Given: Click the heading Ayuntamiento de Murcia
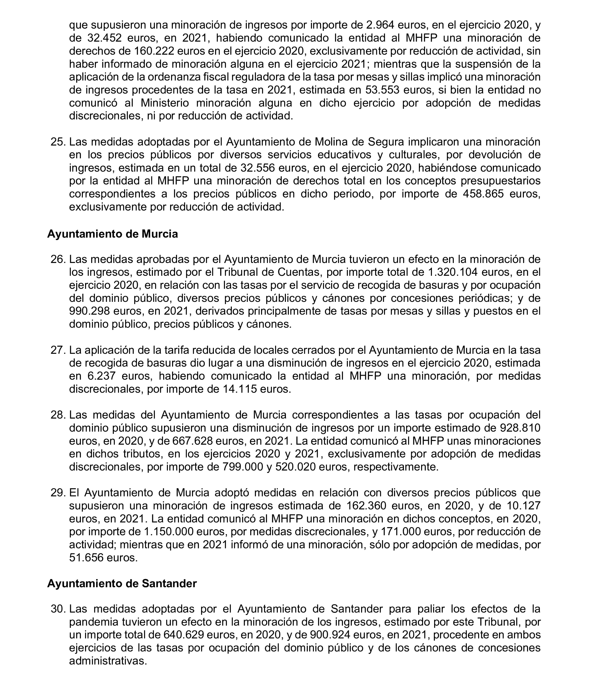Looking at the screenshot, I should tap(112, 234).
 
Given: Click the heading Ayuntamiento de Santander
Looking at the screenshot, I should tap(122, 583).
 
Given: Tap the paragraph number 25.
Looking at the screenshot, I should tap(58, 142).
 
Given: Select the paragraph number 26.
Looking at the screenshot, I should tap(58, 259).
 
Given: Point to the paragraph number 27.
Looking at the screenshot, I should tap(58, 350).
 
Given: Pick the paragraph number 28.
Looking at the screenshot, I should tap(58, 415).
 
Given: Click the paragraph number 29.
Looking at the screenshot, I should tap(58, 493).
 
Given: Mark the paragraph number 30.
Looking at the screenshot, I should tap(58, 609).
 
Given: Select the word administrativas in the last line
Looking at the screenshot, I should tap(108, 661).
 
